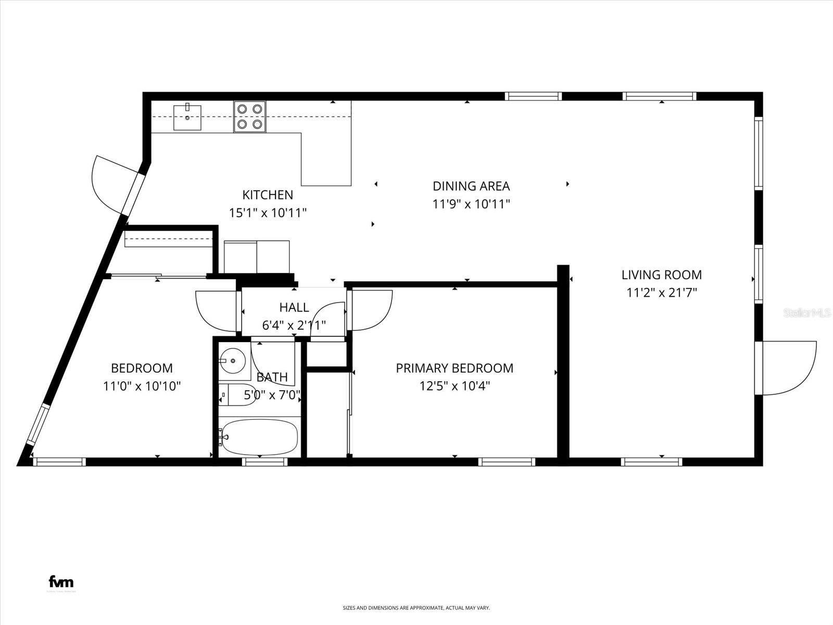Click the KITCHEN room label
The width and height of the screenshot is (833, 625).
(268, 195)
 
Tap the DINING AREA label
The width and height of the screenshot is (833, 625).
(471, 186)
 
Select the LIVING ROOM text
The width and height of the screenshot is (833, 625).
(661, 274)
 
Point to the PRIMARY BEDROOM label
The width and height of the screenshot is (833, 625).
(455, 368)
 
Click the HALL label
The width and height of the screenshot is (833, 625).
(294, 307)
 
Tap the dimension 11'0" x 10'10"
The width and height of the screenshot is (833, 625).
(142, 386)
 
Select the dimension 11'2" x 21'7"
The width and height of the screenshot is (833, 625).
(661, 293)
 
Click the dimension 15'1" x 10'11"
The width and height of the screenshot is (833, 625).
(268, 213)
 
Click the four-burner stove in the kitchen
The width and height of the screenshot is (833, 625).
(249, 117)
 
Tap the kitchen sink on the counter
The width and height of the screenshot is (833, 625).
(187, 117)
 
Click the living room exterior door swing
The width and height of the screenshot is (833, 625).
(789, 367)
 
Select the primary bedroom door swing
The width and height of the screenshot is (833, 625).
(371, 310)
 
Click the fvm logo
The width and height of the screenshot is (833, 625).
(61, 582)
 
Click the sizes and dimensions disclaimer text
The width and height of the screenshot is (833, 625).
(416, 608)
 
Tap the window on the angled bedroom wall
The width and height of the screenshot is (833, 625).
(37, 424)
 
